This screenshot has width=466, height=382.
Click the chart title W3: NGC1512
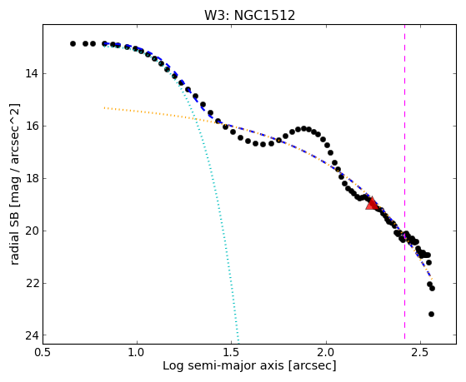[x=249, y=16]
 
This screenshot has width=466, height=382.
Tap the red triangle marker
[x=372, y=203]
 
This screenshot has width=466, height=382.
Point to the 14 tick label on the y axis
[x=32, y=73]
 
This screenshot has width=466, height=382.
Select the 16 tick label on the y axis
[x=32, y=126]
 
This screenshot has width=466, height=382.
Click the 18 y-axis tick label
[x=32, y=178]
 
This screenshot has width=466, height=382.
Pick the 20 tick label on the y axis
[x=32, y=231]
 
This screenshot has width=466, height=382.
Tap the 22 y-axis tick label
[x=32, y=283]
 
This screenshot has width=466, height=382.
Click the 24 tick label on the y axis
[x=32, y=335]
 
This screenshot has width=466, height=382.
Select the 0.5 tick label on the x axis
[x=43, y=352]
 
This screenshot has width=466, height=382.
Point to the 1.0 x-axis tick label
[x=137, y=352]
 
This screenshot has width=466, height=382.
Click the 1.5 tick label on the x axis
[x=232, y=352]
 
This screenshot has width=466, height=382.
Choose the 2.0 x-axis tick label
[x=326, y=352]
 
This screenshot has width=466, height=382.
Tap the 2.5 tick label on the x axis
[x=420, y=352]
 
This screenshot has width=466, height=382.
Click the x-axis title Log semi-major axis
[x=223, y=366]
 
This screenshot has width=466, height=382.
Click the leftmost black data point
[x=73, y=43]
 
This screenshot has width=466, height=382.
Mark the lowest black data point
[x=431, y=314]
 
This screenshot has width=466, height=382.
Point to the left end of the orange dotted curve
[x=104, y=107]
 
